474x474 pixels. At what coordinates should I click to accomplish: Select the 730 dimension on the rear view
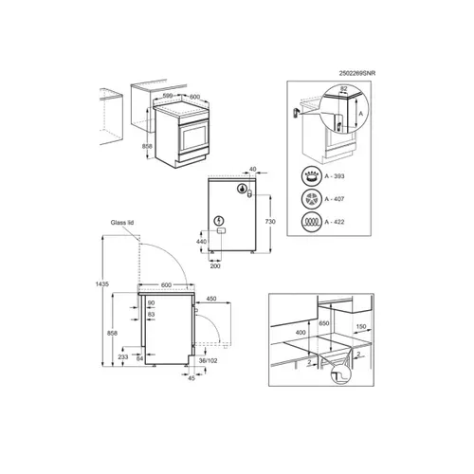(271, 220)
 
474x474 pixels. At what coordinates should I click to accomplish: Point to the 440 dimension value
(202, 243)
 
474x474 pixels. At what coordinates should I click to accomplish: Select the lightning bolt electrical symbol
(220, 223)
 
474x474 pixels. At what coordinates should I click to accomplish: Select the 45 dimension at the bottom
(191, 379)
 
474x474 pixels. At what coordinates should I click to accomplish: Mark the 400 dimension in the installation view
(301, 334)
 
